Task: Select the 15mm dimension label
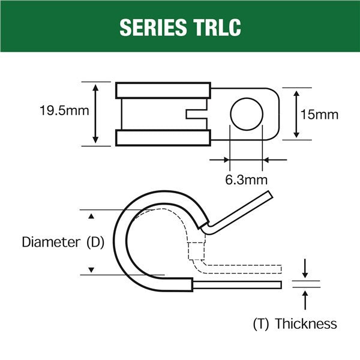[x=319, y=114]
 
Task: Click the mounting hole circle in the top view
[x=247, y=114]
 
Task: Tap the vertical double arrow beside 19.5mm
[x=95, y=113]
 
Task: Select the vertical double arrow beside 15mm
[x=295, y=113]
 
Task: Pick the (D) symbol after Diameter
[x=95, y=242]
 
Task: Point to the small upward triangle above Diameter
[x=91, y=215]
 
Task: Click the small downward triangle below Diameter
[x=91, y=270]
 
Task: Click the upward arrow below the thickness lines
[x=306, y=298]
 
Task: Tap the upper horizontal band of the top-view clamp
[x=163, y=90]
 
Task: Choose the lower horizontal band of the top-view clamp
[x=163, y=138]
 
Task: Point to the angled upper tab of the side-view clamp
[x=240, y=211]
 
